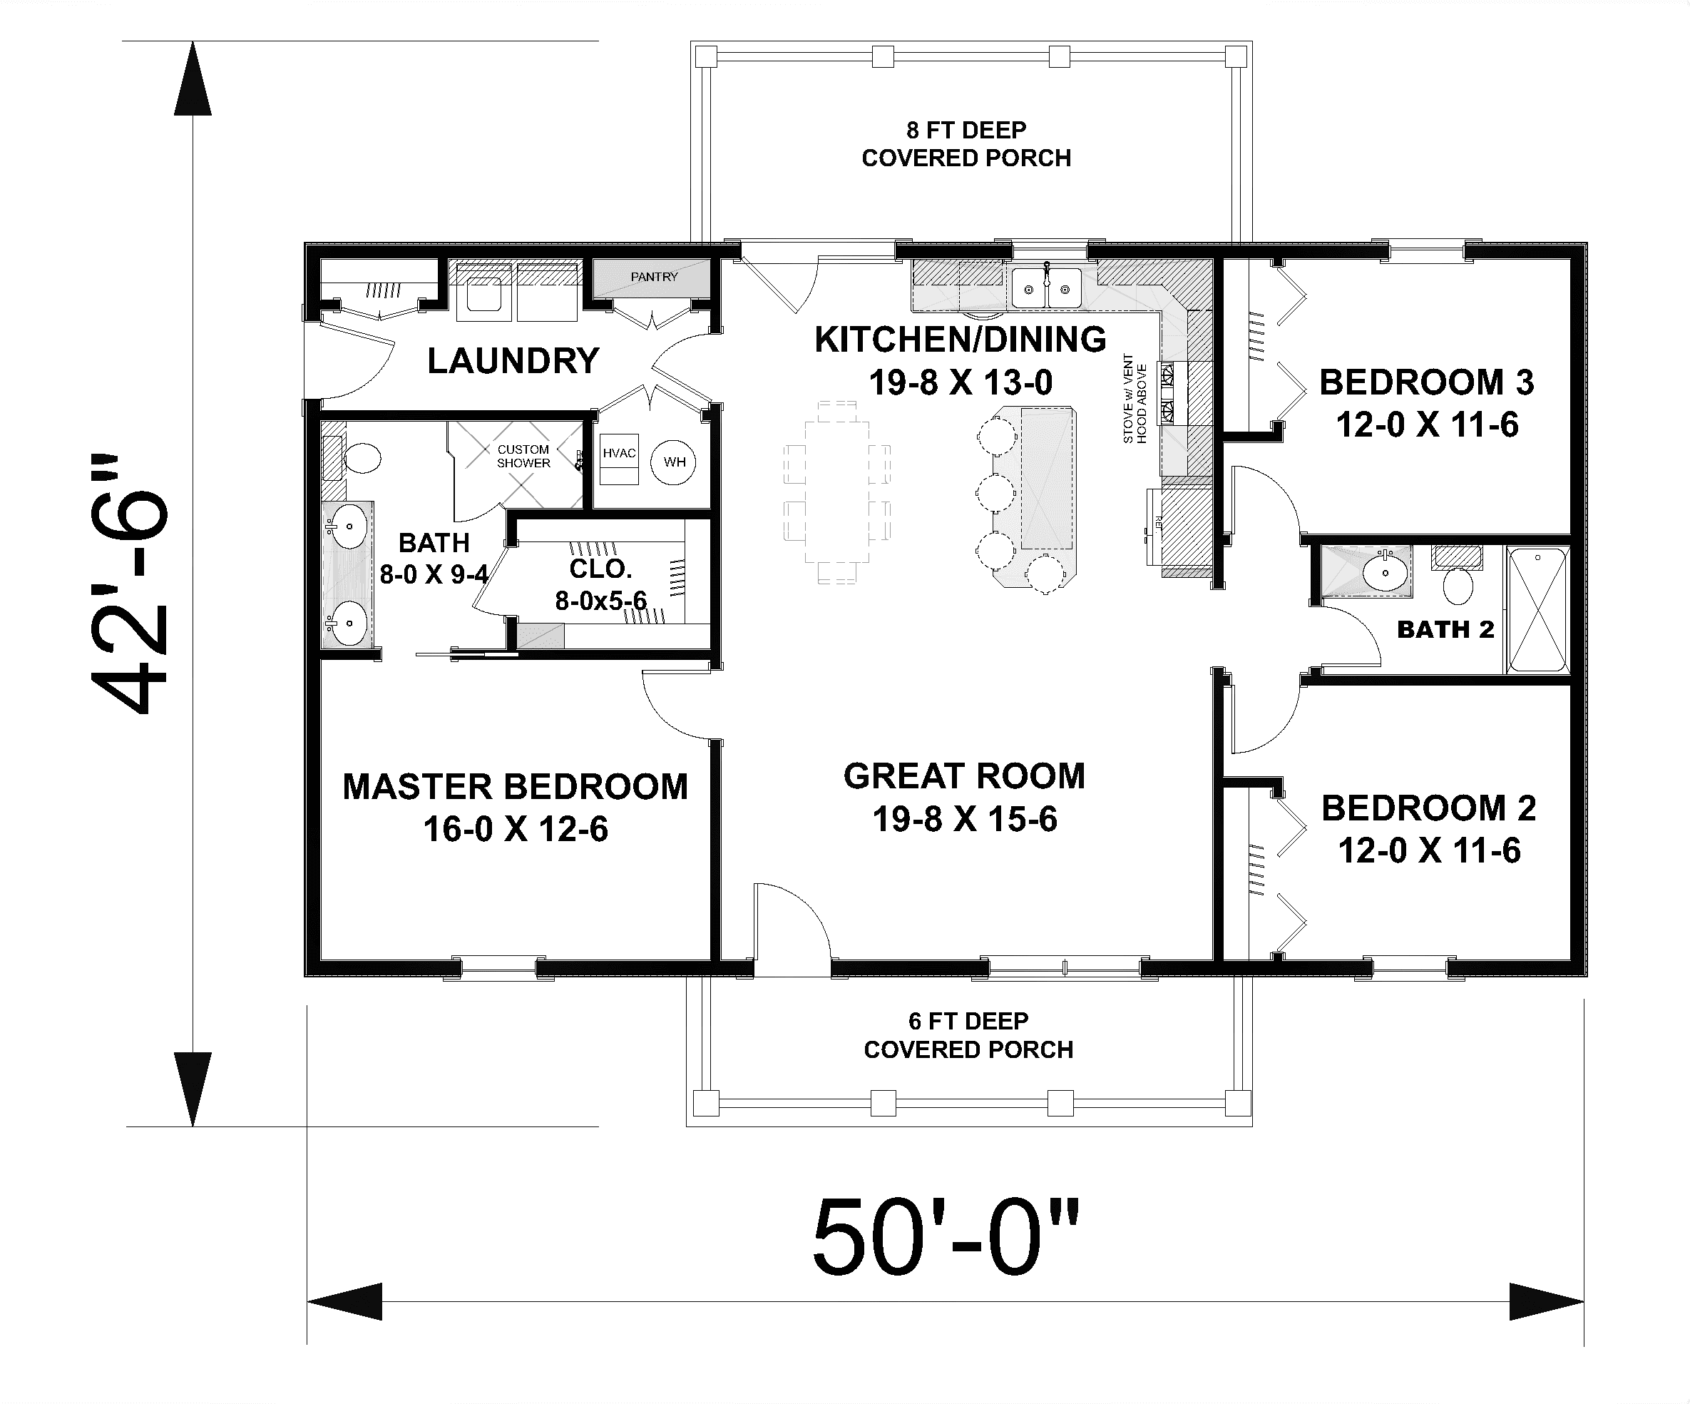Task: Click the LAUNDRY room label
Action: [x=513, y=361]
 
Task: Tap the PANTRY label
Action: [x=653, y=277]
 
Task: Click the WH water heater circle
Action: [x=674, y=462]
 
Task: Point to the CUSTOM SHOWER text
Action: [x=523, y=456]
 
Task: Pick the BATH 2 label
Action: [x=1445, y=629]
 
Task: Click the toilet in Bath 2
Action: [x=1458, y=576]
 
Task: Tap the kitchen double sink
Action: [x=1046, y=288]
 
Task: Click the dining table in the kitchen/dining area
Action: [x=837, y=491]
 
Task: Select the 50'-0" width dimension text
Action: [x=946, y=1239]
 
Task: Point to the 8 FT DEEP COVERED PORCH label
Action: [x=966, y=143]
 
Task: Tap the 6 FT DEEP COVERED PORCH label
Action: [x=968, y=1035]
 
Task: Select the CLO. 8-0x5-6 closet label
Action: [x=600, y=584]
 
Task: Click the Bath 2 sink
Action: [x=1385, y=572]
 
